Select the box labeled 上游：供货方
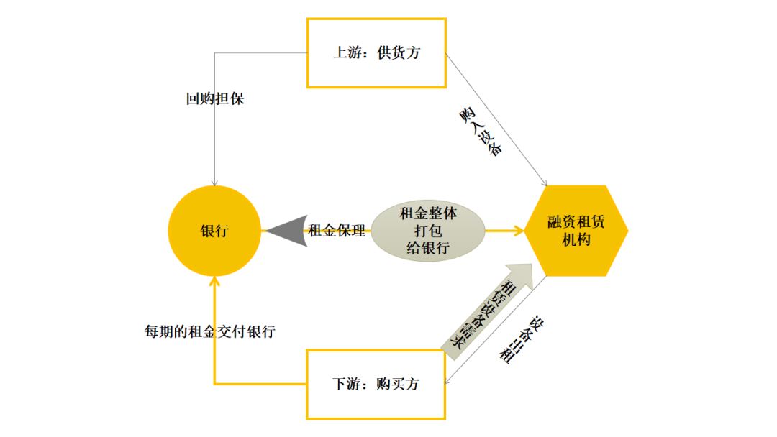(x=376, y=52)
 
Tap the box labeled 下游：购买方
(x=376, y=384)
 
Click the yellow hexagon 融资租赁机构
(x=576, y=231)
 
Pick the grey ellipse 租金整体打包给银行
(x=427, y=231)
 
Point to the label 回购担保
(x=215, y=99)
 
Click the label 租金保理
(x=337, y=231)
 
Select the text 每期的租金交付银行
(x=209, y=332)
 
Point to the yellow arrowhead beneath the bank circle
(x=214, y=282)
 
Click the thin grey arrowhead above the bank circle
(x=214, y=180)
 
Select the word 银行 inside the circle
(x=214, y=231)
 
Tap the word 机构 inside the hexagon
(x=576, y=240)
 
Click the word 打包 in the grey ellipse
(x=427, y=231)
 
